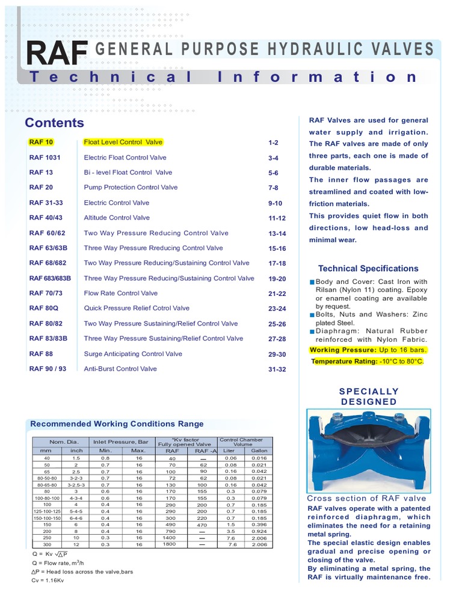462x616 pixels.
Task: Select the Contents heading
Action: [x=54, y=123]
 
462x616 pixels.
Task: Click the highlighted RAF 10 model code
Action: [x=41, y=143]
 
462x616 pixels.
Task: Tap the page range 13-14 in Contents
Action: [x=277, y=233]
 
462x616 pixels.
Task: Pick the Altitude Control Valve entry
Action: [x=117, y=218]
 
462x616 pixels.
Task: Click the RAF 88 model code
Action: [x=41, y=354]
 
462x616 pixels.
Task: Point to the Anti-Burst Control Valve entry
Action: [x=120, y=369]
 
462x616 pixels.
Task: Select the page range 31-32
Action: [x=277, y=369]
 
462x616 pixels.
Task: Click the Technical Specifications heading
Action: [x=368, y=268]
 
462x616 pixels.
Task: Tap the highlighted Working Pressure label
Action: [x=338, y=350]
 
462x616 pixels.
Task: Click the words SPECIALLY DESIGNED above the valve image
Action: [x=369, y=396]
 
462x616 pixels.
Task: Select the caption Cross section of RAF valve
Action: [x=366, y=498]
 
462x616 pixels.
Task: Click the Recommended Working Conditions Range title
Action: [x=117, y=424]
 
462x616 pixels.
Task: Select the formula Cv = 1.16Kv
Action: [x=51, y=580]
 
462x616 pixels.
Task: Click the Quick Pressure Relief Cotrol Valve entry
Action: [x=137, y=308]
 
